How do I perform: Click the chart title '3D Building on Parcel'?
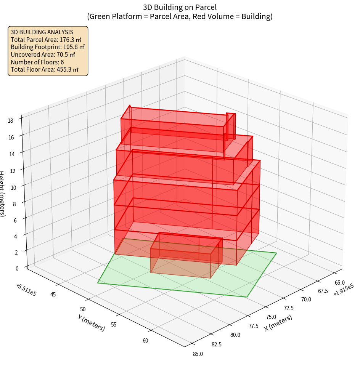click(x=180, y=7)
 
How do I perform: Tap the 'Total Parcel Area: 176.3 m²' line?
click(x=46, y=40)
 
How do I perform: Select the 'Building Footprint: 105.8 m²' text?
click(x=48, y=47)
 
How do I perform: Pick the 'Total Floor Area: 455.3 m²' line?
click(x=45, y=69)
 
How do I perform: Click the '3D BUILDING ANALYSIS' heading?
click(x=42, y=32)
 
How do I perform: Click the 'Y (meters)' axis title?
click(x=92, y=322)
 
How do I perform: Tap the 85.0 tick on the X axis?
click(x=198, y=354)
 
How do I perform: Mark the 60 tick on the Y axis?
click(x=145, y=340)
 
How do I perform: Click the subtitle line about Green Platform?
click(x=180, y=16)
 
